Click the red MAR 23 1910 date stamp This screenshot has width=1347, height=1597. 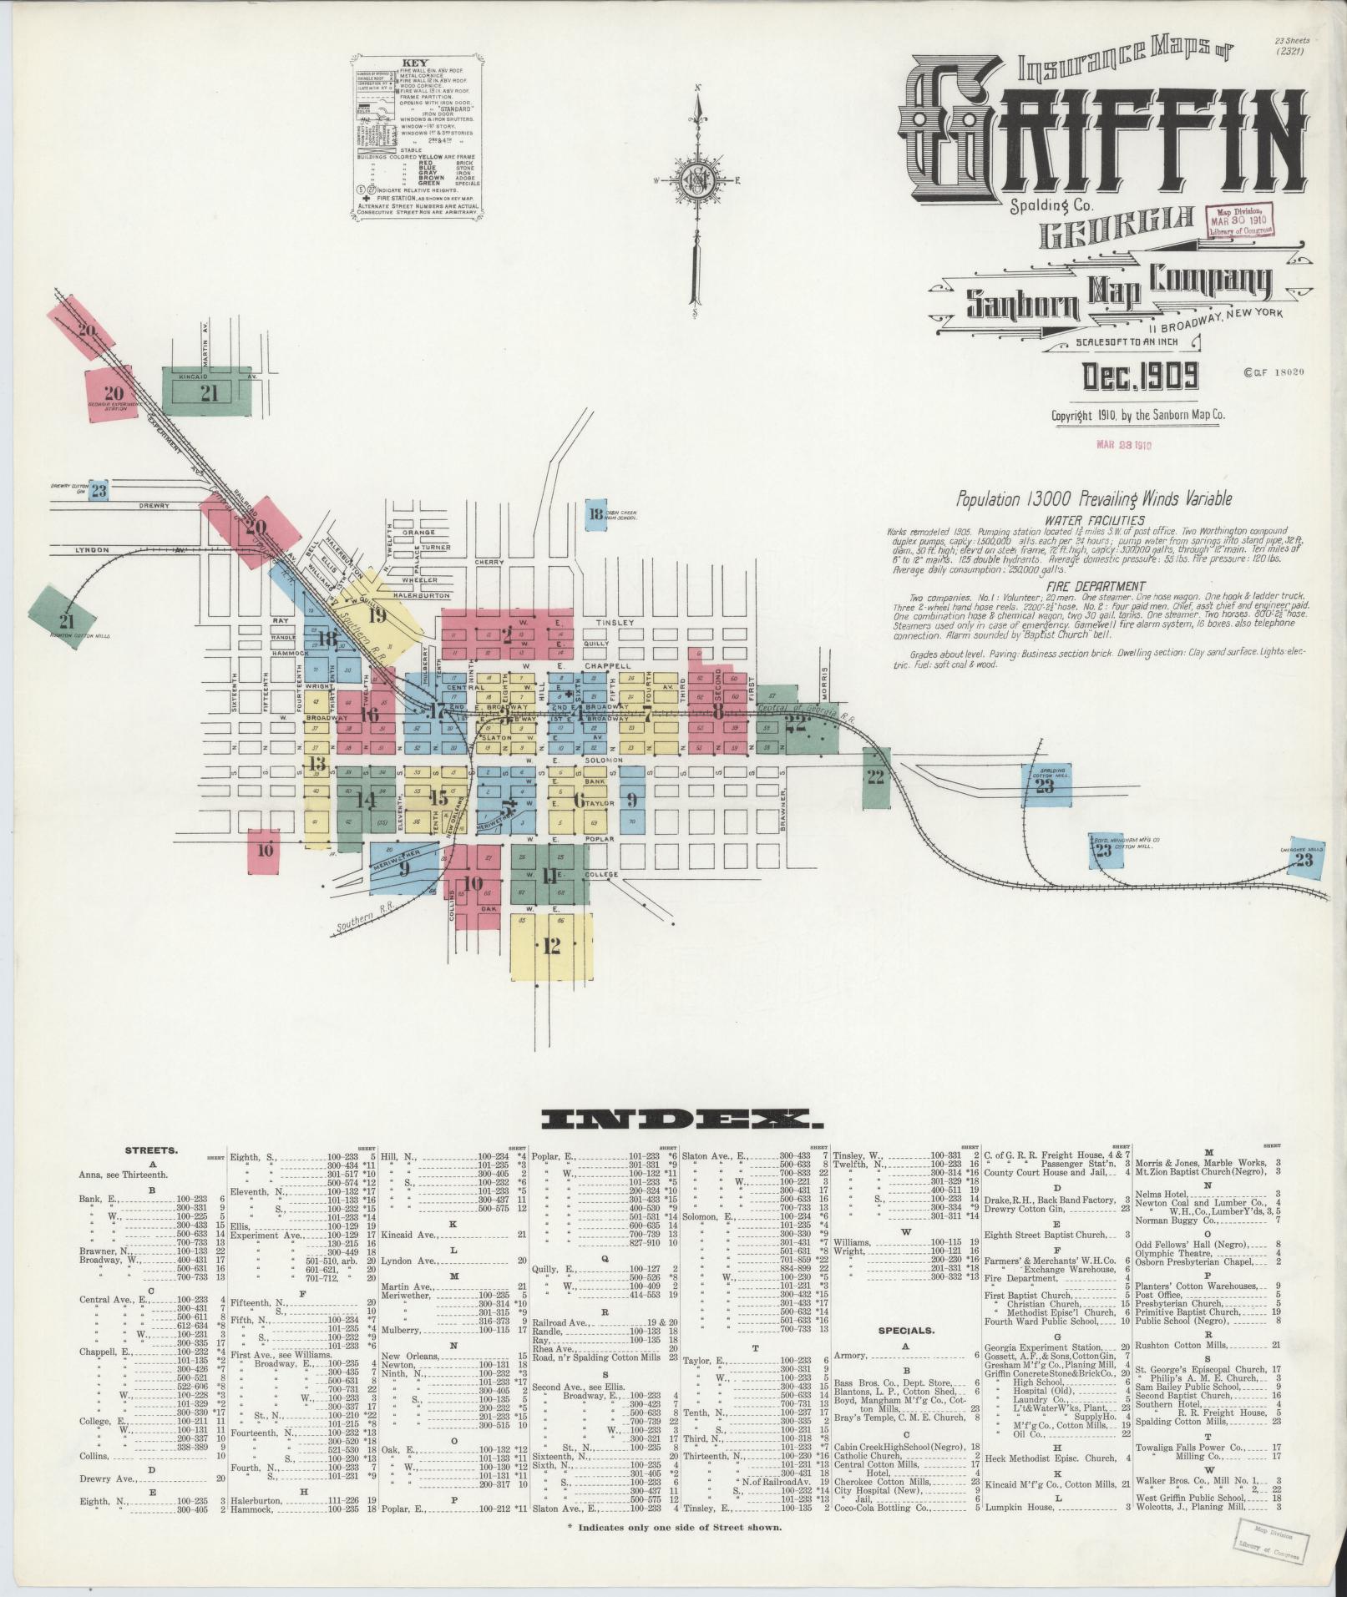pos(1123,445)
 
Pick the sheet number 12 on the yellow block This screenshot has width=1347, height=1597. pos(551,946)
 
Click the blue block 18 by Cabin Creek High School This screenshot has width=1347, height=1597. pos(595,514)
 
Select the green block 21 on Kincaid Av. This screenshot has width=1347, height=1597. pos(209,392)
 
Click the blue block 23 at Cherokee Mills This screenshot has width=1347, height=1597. pos(1304,859)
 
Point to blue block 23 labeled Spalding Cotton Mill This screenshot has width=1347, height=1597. pos(1044,786)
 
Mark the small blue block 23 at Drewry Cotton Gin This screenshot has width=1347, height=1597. pos(99,491)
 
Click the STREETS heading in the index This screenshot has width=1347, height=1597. pos(151,1150)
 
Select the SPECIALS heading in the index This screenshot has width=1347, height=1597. pos(906,1331)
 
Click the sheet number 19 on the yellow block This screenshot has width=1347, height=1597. pos(377,615)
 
